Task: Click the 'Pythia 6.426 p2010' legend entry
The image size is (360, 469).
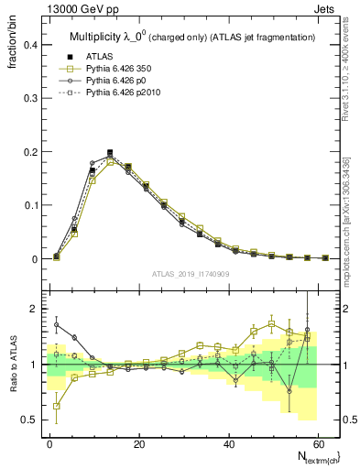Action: click(118, 93)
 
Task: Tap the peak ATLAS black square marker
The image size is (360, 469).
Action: click(110, 153)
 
